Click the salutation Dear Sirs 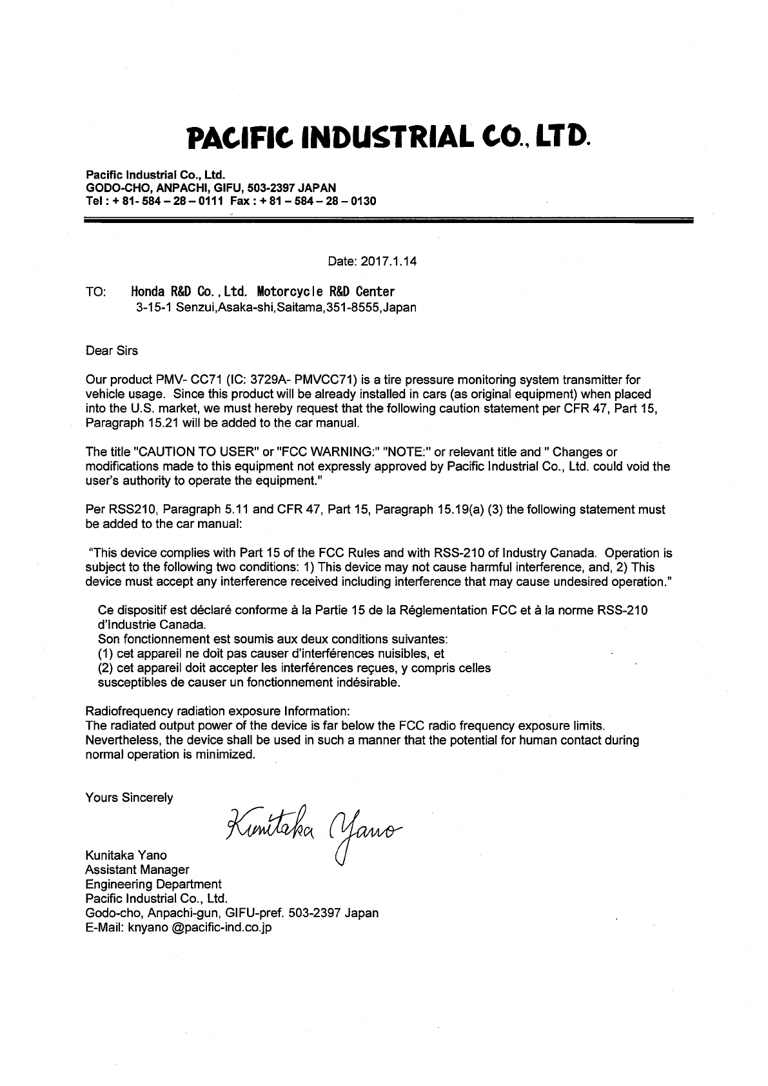pos(112,351)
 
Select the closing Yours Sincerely pos(129,798)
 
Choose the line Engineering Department pos(153,884)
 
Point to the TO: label pos(95,293)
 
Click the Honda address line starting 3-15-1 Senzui pos(276,307)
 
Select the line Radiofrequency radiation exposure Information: pos(217,711)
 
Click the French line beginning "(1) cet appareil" pos(271,654)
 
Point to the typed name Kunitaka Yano pos(126,855)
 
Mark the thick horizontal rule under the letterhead pos(388,220)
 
